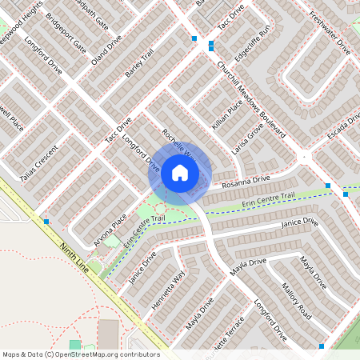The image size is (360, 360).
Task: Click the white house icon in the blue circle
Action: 180,172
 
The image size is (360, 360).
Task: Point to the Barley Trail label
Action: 139,66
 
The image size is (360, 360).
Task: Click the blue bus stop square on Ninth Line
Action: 46,221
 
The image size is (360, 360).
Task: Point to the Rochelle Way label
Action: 178,144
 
